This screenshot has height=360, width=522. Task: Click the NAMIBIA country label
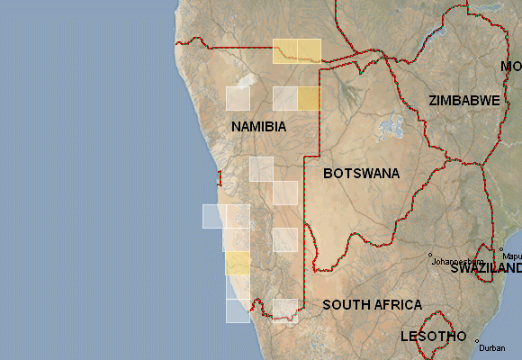coord(258,127)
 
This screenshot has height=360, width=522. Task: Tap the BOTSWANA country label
coord(361,173)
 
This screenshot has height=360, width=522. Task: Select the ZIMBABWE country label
coord(464,101)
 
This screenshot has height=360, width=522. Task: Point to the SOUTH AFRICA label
coord(372,305)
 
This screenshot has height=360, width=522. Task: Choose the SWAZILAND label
coord(486,268)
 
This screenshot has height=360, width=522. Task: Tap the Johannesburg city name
coord(459,262)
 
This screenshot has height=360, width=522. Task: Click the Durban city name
coord(492,347)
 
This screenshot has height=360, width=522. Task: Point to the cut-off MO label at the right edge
coord(511,67)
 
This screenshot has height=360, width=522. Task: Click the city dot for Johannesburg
coord(430,254)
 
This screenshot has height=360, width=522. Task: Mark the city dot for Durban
coord(476,340)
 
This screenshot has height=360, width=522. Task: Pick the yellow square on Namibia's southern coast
coord(238,263)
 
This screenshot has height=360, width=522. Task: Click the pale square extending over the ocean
coord(213,216)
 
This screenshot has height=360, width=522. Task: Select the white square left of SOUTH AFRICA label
coord(285,310)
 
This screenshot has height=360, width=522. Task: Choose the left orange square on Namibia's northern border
coord(284,51)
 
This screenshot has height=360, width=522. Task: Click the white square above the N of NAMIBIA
coord(238,98)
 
